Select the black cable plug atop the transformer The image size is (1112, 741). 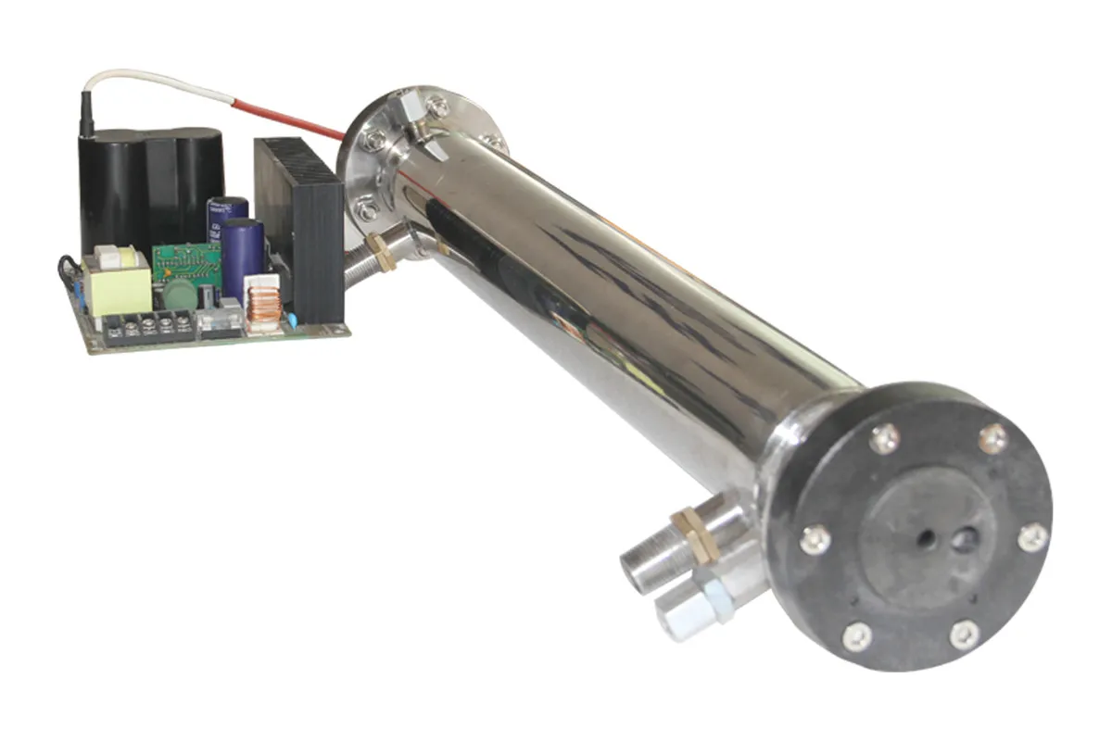[87, 115]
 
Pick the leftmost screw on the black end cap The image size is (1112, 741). [815, 538]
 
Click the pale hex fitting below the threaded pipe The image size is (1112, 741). [714, 594]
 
